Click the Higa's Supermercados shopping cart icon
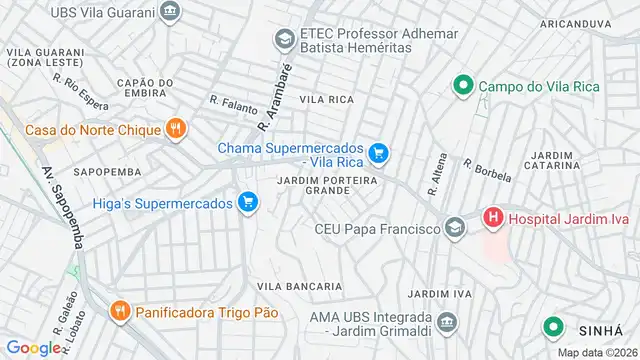[x=249, y=204]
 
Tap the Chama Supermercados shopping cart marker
[x=378, y=153]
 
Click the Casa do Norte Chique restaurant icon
[x=176, y=128]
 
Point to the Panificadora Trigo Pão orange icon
[x=121, y=311]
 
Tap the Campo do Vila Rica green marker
[x=462, y=87]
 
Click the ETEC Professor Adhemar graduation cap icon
[x=284, y=39]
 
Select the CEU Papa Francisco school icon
[x=455, y=229]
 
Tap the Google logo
[x=33, y=348]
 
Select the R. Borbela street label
[x=487, y=170]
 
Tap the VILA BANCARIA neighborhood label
[x=294, y=286]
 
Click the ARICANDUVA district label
[x=575, y=22]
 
